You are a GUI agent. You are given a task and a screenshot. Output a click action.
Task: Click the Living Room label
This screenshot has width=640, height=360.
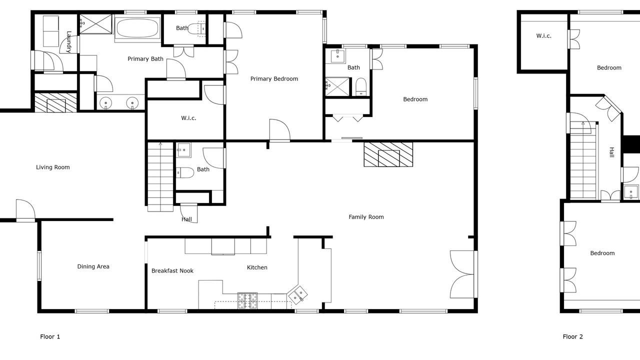(53, 167)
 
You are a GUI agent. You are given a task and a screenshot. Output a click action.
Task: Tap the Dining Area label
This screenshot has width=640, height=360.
(93, 266)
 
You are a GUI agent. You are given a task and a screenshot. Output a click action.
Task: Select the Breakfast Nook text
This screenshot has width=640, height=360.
(172, 271)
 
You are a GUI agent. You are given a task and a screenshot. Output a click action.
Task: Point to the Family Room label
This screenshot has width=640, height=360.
(366, 217)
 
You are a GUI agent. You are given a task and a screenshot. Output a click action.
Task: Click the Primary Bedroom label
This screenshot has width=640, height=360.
(274, 79)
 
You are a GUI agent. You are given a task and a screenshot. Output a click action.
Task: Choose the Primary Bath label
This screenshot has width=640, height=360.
(145, 59)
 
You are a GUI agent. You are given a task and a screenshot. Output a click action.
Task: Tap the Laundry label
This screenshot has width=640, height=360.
(68, 42)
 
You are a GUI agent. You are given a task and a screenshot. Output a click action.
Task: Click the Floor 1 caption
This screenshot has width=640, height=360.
(50, 336)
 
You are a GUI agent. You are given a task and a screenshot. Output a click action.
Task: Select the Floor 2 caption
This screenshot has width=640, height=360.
(572, 336)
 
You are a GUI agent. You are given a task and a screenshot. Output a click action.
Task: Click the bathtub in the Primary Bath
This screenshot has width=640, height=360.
(137, 28)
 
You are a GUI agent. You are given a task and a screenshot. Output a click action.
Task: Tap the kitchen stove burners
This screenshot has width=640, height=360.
(247, 300)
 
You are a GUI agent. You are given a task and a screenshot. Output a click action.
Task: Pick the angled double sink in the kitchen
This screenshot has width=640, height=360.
(297, 294)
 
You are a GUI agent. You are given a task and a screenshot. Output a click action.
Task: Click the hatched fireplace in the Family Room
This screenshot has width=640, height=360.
(388, 154)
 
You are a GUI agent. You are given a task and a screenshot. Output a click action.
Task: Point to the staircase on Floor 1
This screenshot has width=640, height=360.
(160, 177)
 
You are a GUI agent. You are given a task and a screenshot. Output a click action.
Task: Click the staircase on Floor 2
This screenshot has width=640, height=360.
(583, 160)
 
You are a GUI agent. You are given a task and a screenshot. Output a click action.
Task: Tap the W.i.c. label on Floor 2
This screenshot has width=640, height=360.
(543, 36)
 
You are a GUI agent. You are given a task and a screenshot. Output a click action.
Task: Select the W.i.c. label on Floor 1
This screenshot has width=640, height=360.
(188, 118)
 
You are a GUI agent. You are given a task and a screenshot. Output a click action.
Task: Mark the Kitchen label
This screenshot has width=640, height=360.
(257, 267)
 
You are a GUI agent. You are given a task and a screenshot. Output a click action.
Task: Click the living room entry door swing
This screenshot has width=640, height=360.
(25, 209)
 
